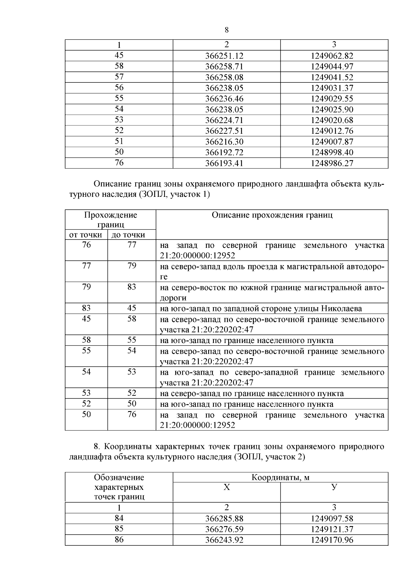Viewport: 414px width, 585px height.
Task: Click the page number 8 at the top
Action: (x=227, y=30)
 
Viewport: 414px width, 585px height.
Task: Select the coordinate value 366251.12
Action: (x=224, y=56)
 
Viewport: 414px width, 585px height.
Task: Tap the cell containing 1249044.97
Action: (x=332, y=67)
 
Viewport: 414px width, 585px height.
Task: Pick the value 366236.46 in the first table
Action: (x=224, y=99)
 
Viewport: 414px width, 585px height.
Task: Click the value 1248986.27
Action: (x=332, y=163)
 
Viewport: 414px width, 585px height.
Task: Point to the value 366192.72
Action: (x=224, y=153)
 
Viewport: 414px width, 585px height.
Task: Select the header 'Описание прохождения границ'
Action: (x=272, y=215)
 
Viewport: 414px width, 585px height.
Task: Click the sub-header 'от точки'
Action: (x=86, y=235)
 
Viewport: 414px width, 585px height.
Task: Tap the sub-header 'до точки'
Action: (x=131, y=235)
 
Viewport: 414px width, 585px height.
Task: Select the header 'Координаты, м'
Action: (x=280, y=478)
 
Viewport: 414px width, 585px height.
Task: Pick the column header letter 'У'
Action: (x=334, y=487)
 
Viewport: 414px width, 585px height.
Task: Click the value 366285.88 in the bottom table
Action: (x=224, y=519)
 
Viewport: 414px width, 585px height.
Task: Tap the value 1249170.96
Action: (x=332, y=540)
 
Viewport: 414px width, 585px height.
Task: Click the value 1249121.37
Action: (x=332, y=529)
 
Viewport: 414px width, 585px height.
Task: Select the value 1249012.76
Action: (x=332, y=131)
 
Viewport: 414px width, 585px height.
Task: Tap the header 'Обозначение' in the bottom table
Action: (x=119, y=478)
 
